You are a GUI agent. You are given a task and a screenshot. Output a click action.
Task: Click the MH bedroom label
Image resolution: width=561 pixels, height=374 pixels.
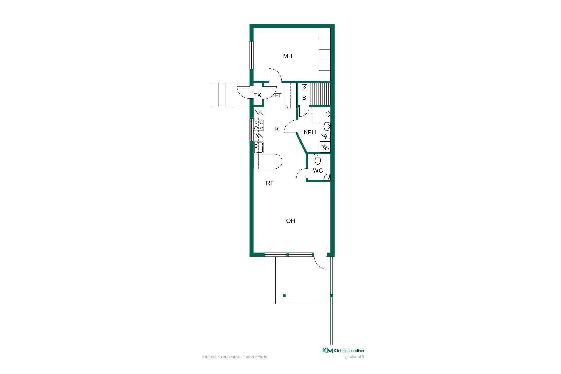pyautogui.click(x=288, y=56)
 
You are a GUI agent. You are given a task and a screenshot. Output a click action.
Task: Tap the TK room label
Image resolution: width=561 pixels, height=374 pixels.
pyautogui.click(x=257, y=95)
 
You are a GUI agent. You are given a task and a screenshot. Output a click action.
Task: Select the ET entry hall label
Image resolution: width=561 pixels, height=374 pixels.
pyautogui.click(x=278, y=95)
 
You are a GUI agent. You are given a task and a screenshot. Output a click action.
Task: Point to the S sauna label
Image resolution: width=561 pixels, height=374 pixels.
pyautogui.click(x=304, y=98)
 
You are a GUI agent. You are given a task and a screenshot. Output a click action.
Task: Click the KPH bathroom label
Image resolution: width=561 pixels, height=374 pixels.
pyautogui.click(x=310, y=132)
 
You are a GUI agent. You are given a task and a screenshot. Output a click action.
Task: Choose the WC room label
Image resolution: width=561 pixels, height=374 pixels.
pyautogui.click(x=318, y=170)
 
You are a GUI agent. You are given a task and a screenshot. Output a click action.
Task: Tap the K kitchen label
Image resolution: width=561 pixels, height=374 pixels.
pyautogui.click(x=277, y=129)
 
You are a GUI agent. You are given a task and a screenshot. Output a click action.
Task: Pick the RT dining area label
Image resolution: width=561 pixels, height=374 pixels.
pyautogui.click(x=270, y=183)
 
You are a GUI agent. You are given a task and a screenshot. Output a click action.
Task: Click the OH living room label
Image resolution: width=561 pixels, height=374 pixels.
pyautogui.click(x=290, y=221)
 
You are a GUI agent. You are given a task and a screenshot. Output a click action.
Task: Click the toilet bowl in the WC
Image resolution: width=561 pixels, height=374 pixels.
pyautogui.click(x=318, y=160)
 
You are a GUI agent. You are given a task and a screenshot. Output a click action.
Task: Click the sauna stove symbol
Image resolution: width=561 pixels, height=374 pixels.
pyautogui.click(x=304, y=87)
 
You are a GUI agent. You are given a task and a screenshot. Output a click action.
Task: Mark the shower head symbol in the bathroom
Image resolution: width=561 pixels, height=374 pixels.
pyautogui.click(x=328, y=114)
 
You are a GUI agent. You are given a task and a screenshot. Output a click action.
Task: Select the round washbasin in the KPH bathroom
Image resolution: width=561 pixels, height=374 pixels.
pyautogui.click(x=327, y=127)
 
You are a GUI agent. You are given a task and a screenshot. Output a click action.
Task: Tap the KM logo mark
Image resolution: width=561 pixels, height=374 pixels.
pyautogui.click(x=328, y=350)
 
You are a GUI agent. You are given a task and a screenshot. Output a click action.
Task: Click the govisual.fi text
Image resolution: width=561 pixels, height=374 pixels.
pyautogui.click(x=354, y=357)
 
